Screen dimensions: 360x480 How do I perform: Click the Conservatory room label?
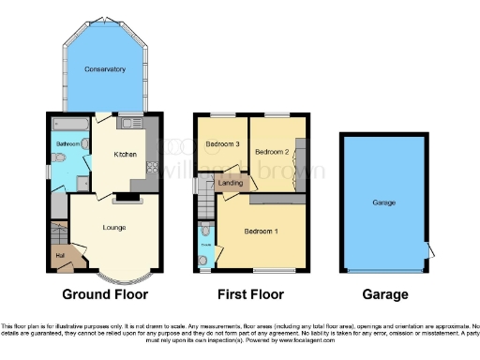104,69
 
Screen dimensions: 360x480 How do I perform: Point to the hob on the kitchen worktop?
151,170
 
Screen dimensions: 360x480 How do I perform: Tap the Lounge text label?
114,227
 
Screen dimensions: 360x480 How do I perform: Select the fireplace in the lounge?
124,198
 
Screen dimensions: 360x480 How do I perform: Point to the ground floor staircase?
58,232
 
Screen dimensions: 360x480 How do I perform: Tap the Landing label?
230,184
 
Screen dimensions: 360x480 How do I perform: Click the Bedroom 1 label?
262,231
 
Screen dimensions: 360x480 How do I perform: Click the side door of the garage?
428,250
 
